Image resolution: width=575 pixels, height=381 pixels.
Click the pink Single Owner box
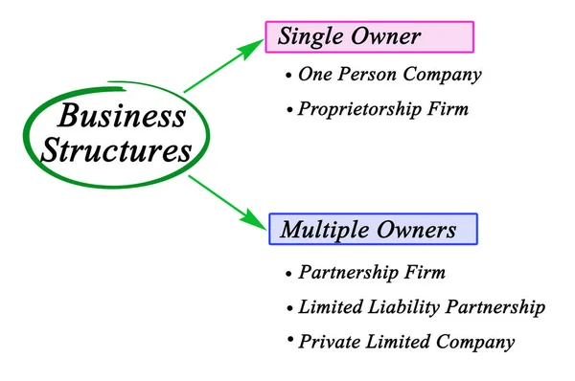369,36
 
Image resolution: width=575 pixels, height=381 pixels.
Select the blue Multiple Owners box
368,230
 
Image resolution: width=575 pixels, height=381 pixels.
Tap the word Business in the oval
122,117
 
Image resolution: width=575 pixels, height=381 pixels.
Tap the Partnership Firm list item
372,273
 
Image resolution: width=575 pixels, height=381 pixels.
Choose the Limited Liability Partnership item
422,307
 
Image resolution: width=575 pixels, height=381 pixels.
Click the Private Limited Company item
406,342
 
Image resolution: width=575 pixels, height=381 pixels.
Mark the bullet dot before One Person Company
288,75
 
